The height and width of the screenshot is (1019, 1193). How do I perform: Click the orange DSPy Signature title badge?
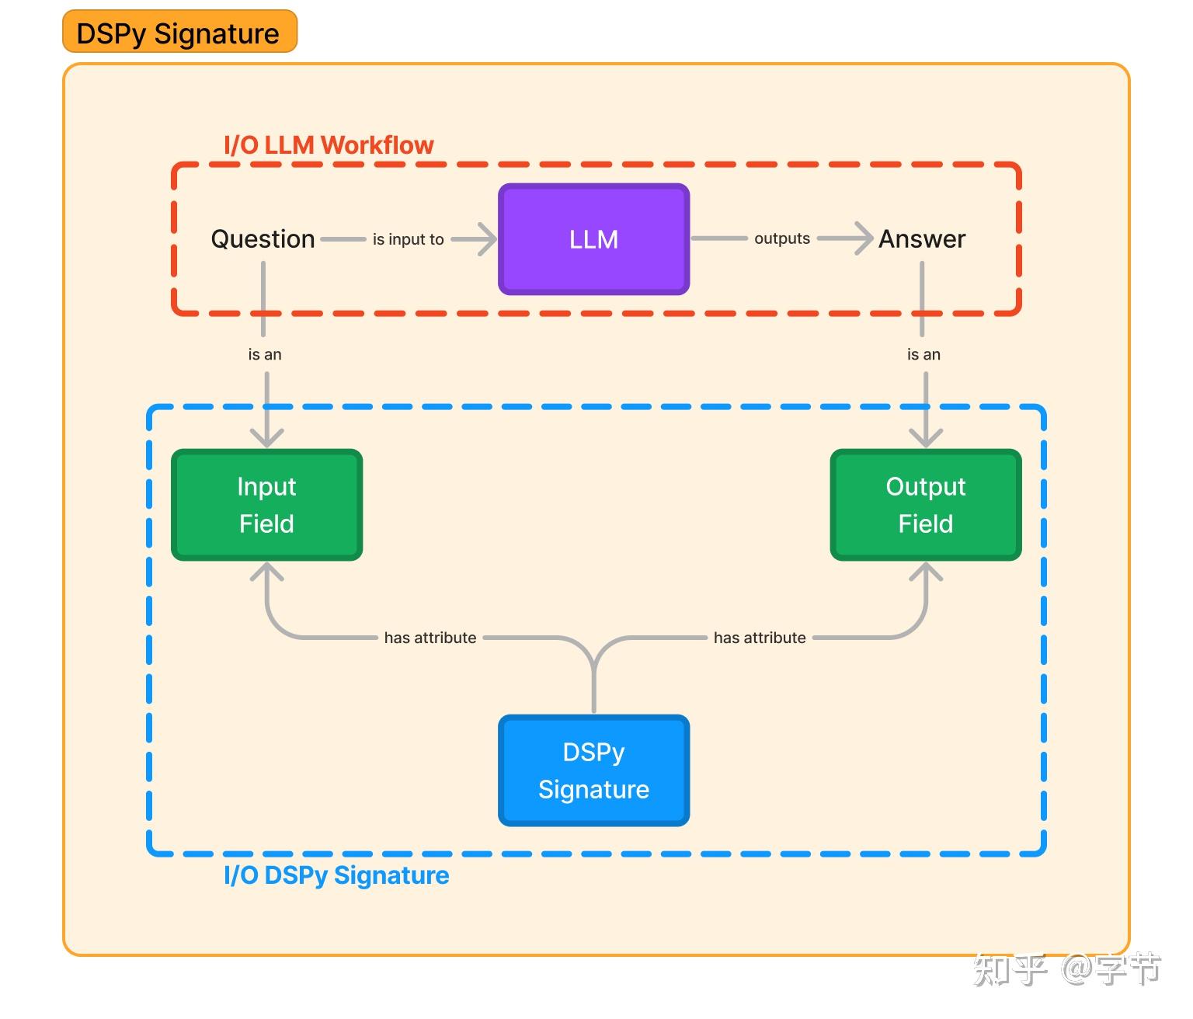(x=179, y=33)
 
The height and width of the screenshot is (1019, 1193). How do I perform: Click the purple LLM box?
(x=593, y=239)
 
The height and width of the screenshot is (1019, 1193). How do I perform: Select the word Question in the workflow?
(x=263, y=239)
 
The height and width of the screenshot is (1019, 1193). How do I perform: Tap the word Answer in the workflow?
(x=922, y=239)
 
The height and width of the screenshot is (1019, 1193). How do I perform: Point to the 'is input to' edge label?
(x=408, y=239)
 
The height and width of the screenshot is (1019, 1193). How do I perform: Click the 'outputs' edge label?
(x=781, y=238)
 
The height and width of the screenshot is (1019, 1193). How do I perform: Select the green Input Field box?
(x=266, y=505)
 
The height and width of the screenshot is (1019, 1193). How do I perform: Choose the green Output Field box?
(x=925, y=505)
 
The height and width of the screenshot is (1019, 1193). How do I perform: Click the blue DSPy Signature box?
(x=593, y=770)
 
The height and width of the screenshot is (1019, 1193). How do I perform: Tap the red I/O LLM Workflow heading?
(x=329, y=145)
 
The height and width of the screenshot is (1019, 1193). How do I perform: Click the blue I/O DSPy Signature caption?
(x=336, y=875)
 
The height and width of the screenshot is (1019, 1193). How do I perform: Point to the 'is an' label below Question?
(x=264, y=354)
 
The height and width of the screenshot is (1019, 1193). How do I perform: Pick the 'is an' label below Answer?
(x=923, y=354)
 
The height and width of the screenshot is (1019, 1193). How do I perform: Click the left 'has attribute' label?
(x=430, y=638)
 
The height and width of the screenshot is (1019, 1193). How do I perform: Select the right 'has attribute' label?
(x=760, y=638)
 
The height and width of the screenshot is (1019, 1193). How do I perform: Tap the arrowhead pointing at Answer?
(x=863, y=238)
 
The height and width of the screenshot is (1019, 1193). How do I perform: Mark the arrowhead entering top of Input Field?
(x=266, y=438)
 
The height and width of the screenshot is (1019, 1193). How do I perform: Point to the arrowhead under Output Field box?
(x=926, y=573)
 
